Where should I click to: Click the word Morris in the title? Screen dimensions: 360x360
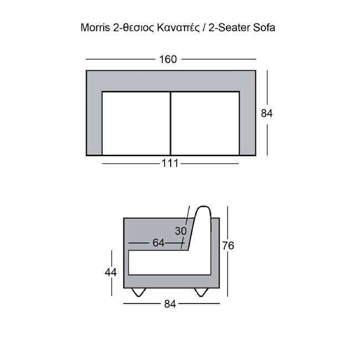(95, 27)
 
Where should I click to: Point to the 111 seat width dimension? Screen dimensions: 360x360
(171, 163)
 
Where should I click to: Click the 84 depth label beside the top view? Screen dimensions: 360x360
(267, 113)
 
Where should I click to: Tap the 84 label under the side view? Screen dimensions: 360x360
(171, 304)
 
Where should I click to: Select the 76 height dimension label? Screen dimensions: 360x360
(228, 246)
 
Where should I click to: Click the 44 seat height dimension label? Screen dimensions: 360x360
(112, 271)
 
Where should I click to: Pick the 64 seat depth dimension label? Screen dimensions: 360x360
(159, 243)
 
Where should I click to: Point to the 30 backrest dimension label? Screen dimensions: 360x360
(181, 231)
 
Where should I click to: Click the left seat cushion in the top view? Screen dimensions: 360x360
(136, 123)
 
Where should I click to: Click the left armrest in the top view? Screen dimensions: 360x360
(94, 123)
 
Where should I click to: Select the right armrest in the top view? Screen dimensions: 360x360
(248, 123)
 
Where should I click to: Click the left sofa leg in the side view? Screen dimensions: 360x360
(140, 292)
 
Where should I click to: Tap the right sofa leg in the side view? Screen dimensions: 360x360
(200, 292)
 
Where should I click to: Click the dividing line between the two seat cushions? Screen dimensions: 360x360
(171, 123)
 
